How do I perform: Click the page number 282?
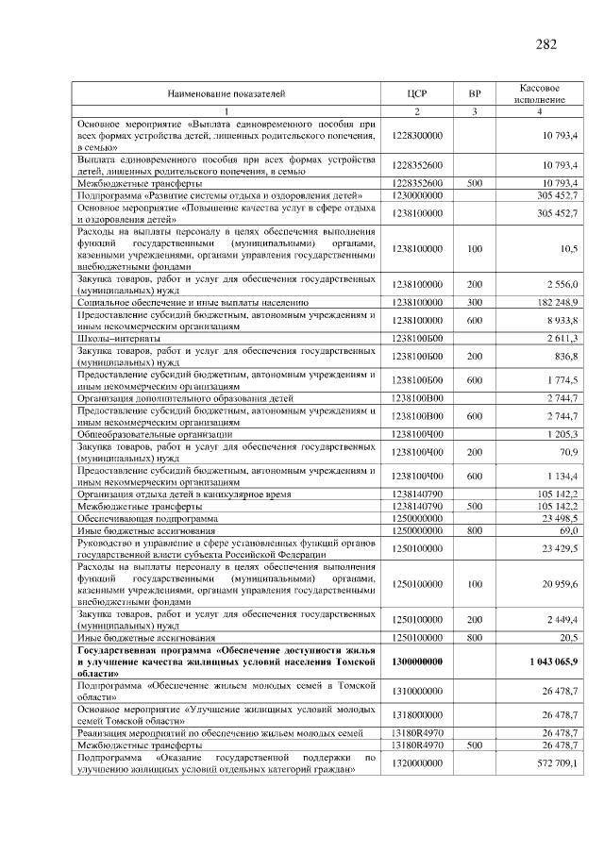tap(545, 44)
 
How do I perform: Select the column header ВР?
tap(475, 94)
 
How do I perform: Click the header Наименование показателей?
tap(226, 94)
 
